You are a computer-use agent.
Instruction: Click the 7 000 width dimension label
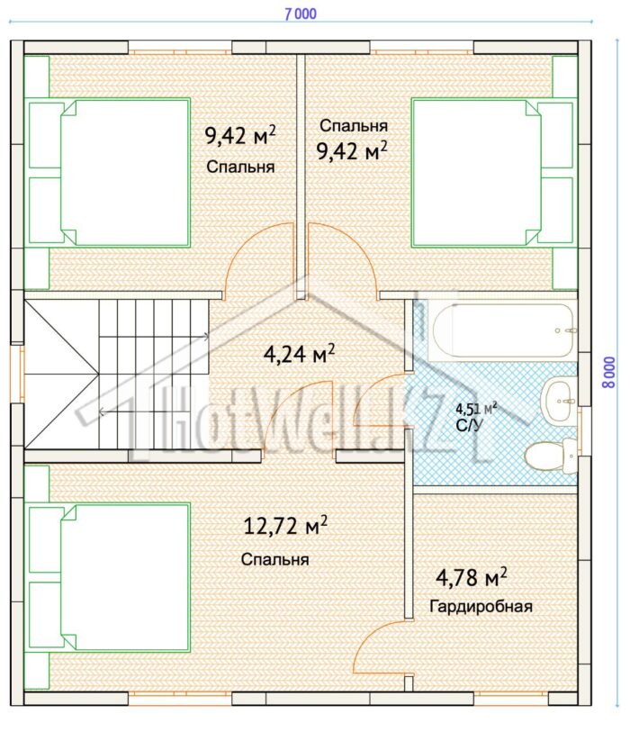tap(301, 14)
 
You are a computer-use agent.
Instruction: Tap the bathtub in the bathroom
tap(504, 330)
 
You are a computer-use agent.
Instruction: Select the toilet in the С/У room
tap(551, 455)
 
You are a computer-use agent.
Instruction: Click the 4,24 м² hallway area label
tap(300, 354)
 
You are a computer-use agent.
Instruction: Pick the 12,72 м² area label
tap(285, 525)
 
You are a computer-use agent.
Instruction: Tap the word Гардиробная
tap(481, 606)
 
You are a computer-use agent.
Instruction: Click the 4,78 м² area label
tap(471, 577)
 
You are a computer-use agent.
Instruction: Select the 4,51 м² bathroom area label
tap(476, 408)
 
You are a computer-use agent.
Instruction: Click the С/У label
tap(470, 425)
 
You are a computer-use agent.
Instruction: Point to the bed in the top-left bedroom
tap(110, 173)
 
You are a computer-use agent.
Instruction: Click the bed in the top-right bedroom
tap(492, 173)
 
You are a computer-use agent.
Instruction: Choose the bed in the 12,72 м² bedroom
tap(110, 577)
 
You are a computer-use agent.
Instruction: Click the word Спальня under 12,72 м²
tap(274, 559)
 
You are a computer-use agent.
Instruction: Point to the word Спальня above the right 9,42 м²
tap(354, 126)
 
